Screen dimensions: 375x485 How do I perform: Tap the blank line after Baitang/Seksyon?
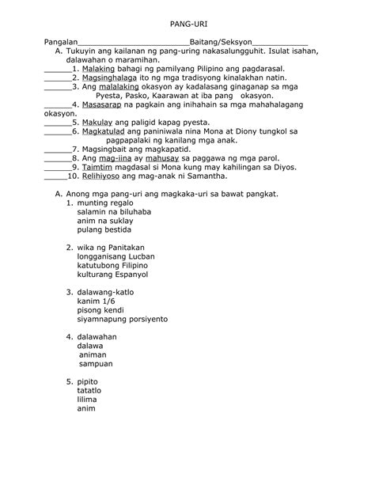pos(280,41)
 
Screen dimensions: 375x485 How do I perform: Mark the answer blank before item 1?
pos(55,70)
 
